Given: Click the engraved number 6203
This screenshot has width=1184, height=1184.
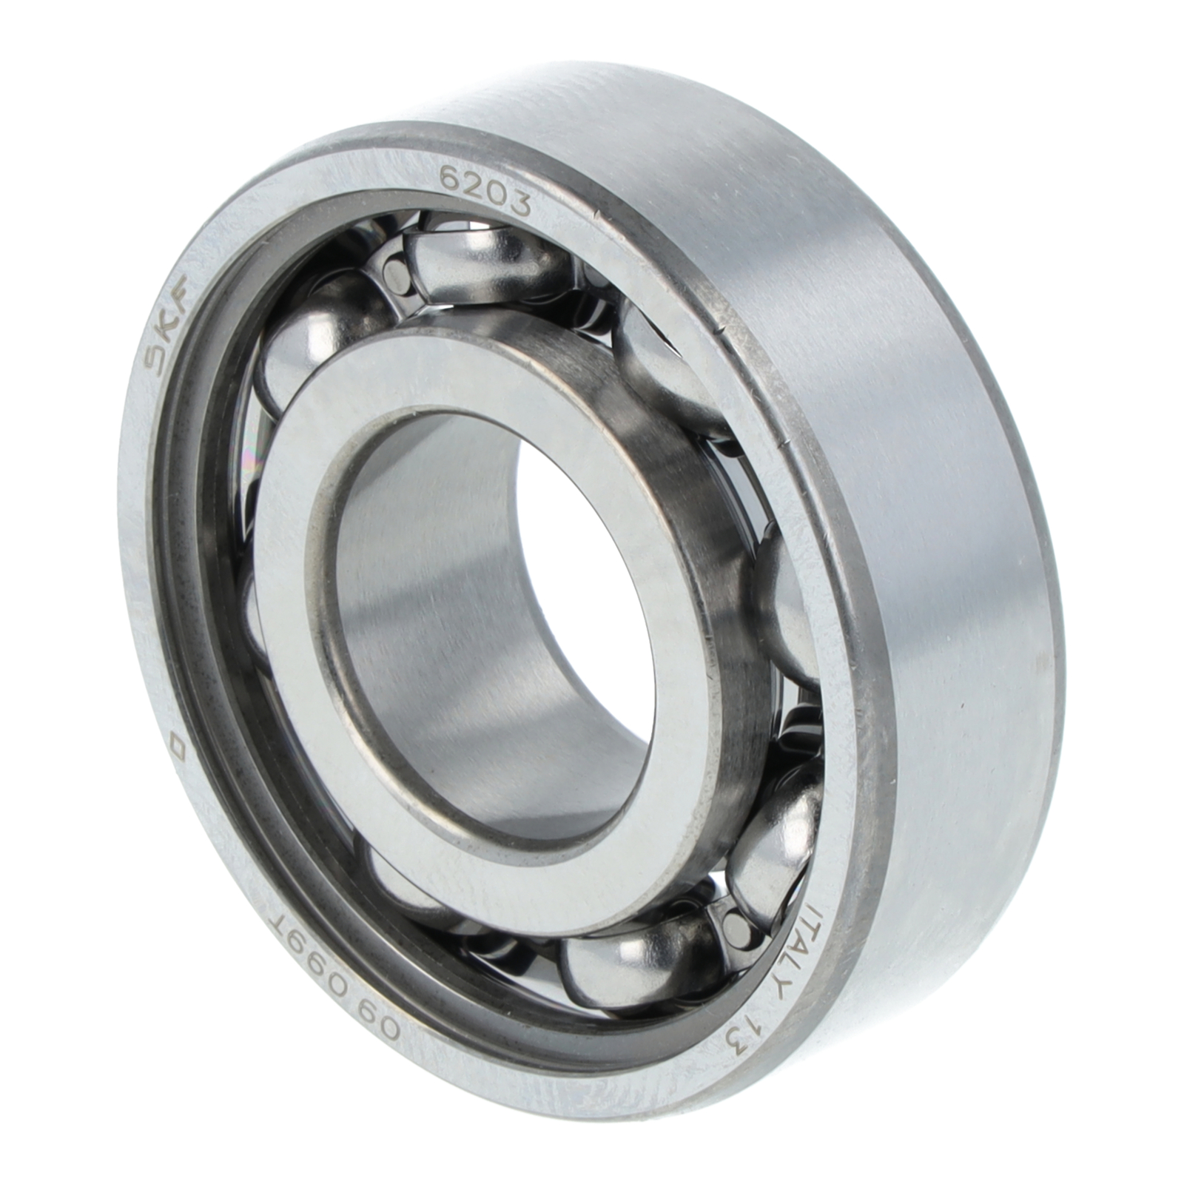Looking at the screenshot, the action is (x=485, y=189).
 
